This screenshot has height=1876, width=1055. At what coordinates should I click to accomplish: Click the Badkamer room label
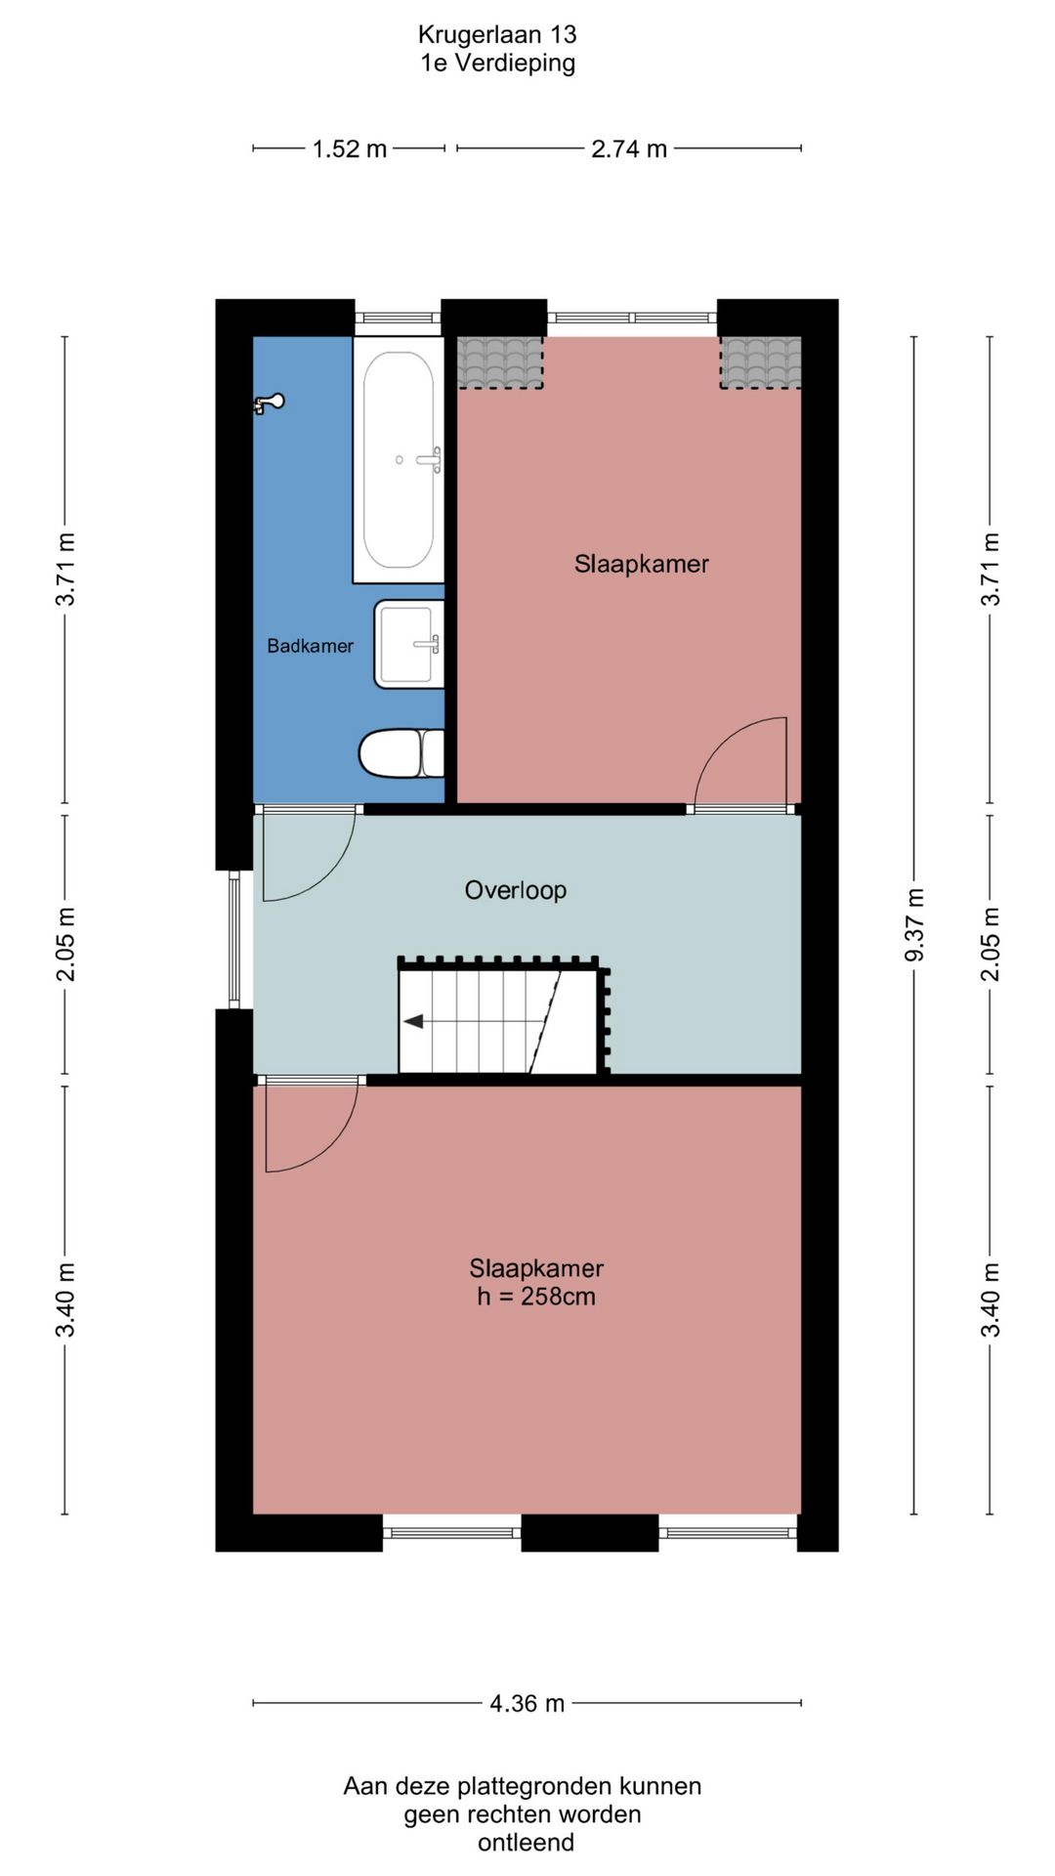click(x=310, y=646)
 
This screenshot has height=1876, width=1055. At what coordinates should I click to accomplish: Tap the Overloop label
click(x=516, y=890)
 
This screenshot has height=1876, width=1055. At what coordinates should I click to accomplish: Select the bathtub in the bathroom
click(x=399, y=460)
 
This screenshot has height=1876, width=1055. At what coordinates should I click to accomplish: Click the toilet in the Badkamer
click(x=401, y=753)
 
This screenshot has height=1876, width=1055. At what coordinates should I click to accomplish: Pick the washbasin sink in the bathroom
click(x=409, y=644)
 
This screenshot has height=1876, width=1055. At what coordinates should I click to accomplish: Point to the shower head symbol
click(x=269, y=402)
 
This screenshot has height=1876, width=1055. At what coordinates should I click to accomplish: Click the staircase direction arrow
click(x=413, y=1021)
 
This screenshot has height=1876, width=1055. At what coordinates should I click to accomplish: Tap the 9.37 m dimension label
click(x=914, y=924)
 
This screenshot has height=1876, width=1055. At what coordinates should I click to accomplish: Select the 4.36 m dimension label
click(x=527, y=1703)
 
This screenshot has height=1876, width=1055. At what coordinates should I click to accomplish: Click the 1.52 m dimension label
click(x=350, y=149)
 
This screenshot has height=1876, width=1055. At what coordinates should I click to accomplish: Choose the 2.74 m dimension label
click(x=629, y=149)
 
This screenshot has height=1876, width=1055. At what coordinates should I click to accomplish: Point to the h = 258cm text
click(x=536, y=1297)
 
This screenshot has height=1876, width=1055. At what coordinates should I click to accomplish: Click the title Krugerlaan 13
click(x=497, y=34)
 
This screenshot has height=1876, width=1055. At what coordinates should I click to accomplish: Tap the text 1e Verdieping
click(x=498, y=63)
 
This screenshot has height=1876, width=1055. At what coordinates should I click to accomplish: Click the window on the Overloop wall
click(x=234, y=939)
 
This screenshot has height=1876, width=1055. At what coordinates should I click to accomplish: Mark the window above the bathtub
click(x=398, y=318)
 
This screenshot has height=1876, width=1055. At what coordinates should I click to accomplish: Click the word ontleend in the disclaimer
click(x=526, y=1843)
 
